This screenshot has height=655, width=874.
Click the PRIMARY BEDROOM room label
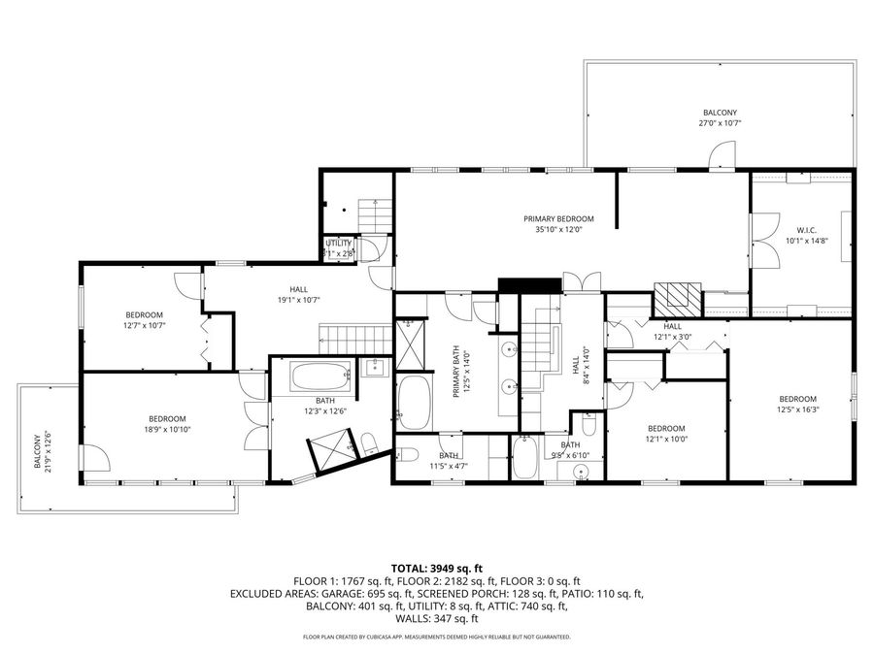tap(557, 219)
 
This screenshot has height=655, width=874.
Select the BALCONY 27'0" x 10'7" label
tap(722, 113)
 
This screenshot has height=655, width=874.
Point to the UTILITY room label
tap(339, 243)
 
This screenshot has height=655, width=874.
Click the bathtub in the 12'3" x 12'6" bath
tap(319, 377)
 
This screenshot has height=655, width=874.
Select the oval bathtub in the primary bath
tap(415, 404)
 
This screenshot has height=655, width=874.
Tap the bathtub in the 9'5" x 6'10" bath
tap(524, 457)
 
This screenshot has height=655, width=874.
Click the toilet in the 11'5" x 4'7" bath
tap(407, 454)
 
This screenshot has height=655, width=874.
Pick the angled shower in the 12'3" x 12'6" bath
tap(331, 454)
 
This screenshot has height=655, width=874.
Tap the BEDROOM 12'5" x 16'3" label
tap(797, 399)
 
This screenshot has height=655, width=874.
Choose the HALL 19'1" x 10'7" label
tap(299, 289)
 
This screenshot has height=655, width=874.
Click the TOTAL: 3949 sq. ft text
tap(436, 568)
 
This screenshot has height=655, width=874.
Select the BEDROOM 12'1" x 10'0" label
tap(666, 428)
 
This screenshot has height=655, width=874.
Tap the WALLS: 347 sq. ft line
tap(436, 618)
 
